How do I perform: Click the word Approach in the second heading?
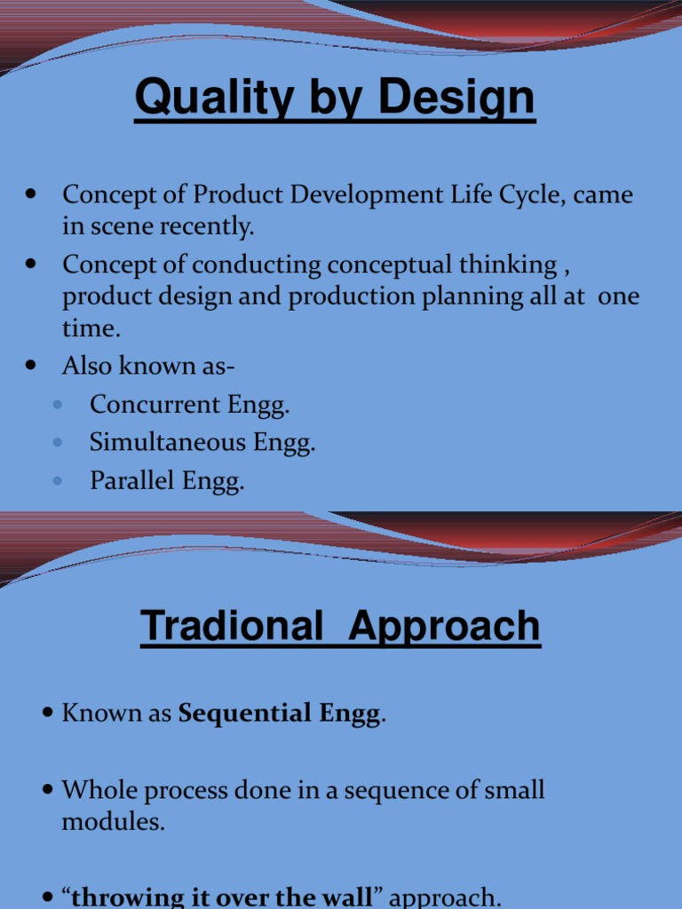coord(444,626)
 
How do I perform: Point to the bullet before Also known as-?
coord(32,366)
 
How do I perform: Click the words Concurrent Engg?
coord(190,405)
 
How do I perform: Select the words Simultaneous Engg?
coord(202,443)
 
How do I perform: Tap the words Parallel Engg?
coord(166,481)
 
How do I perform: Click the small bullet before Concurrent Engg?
coord(58,405)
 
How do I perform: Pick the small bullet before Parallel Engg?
coord(58,481)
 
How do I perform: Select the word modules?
coord(113,822)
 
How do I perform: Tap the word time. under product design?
coord(90,328)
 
